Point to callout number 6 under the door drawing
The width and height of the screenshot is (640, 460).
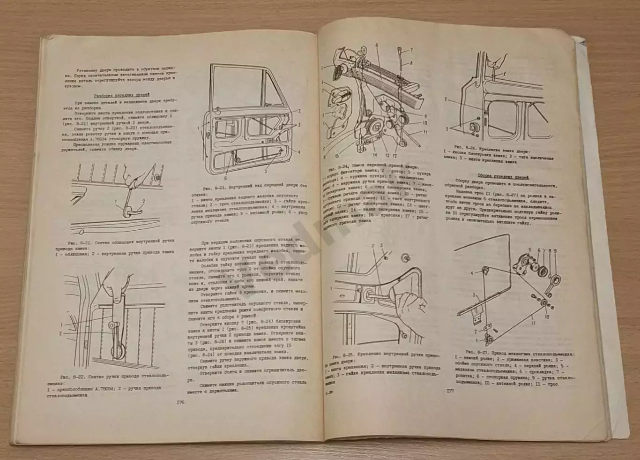coord(225,178)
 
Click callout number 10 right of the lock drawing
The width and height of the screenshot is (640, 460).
coord(425,123)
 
